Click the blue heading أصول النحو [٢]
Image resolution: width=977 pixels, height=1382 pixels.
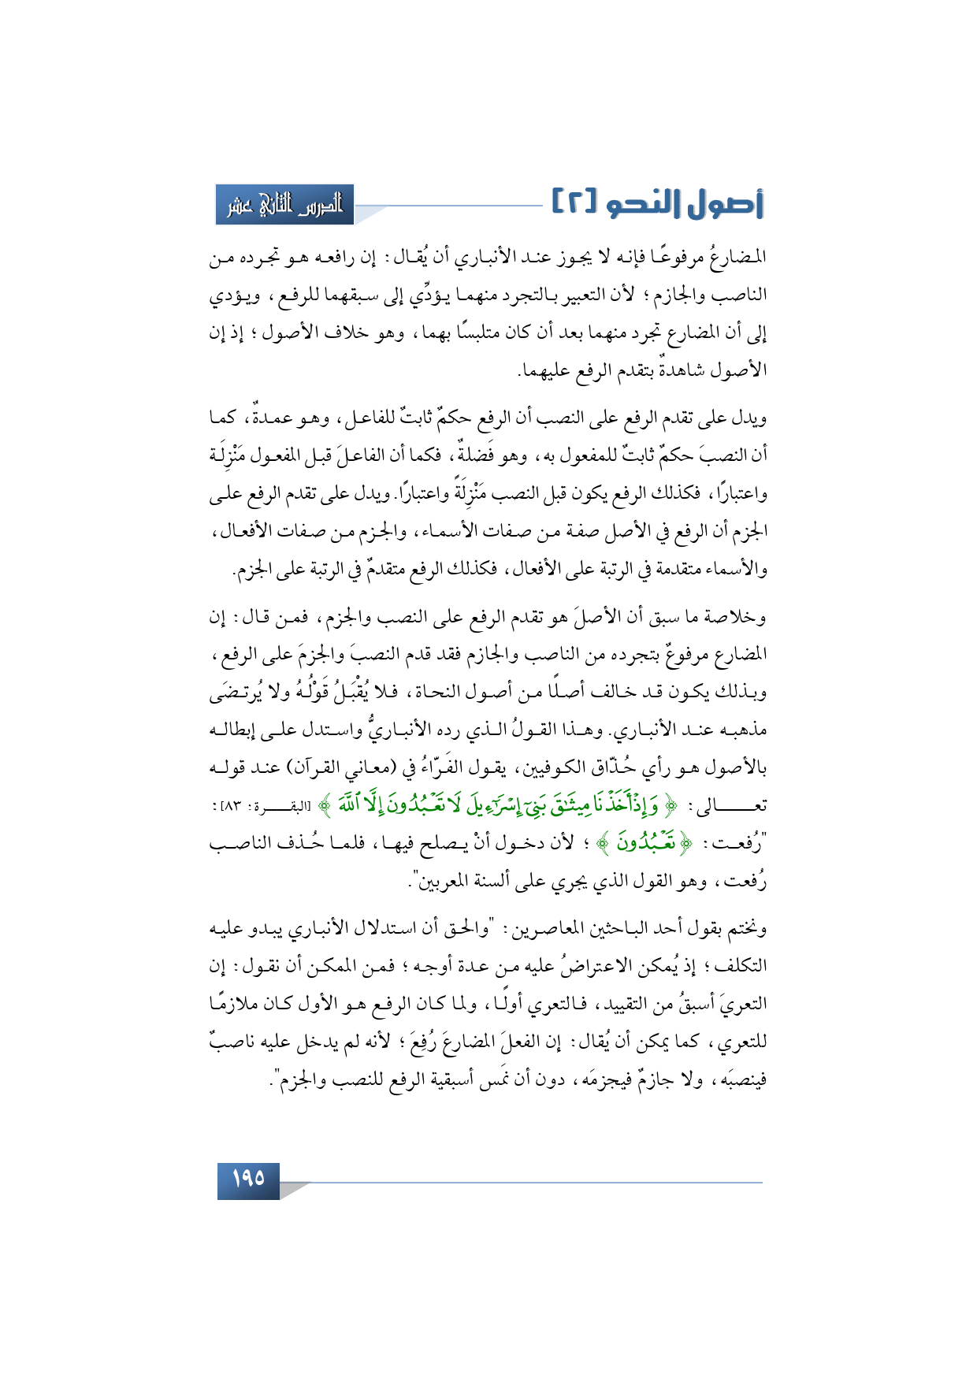pos(657,204)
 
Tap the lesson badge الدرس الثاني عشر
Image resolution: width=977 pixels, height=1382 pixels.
pos(285,205)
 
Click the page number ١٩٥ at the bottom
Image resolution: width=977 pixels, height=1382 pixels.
pos(248,1180)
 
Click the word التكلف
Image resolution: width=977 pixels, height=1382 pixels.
pos(741,967)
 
